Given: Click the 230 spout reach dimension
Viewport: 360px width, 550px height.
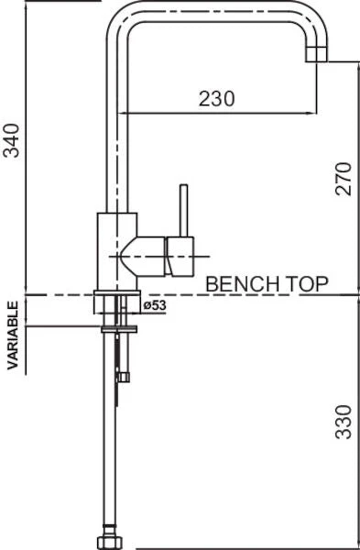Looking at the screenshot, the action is pos(216,99).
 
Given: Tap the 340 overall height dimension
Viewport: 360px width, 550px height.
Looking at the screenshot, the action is pos(11,140).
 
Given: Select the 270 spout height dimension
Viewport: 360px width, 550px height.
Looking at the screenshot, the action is pos(344,179).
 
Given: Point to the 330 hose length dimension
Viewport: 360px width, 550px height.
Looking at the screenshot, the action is pos(344,422).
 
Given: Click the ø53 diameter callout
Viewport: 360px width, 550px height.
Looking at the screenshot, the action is pos(155,305).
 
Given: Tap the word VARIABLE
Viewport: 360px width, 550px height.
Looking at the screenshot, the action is pos(13,335).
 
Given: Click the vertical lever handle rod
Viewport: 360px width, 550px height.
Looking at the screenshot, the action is pos(184,211).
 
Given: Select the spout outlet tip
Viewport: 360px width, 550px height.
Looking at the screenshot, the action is pos(317,54).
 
